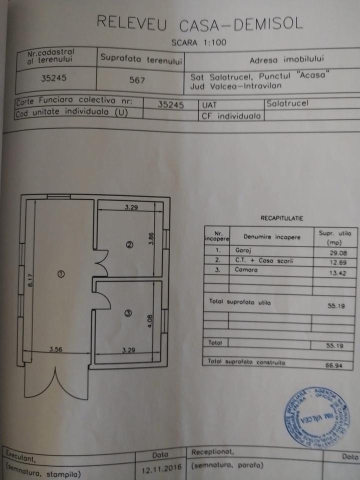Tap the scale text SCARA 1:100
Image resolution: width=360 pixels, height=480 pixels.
pos(199,43)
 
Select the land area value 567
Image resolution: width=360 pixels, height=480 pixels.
pos(137,79)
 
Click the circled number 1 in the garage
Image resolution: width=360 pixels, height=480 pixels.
pos(61,273)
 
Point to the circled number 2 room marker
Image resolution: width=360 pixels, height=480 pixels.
pos(129,245)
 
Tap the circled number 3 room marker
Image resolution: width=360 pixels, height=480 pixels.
pos(128,313)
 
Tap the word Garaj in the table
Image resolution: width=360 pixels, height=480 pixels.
pos(242,249)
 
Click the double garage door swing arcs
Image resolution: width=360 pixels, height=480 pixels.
pos(56,382)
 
